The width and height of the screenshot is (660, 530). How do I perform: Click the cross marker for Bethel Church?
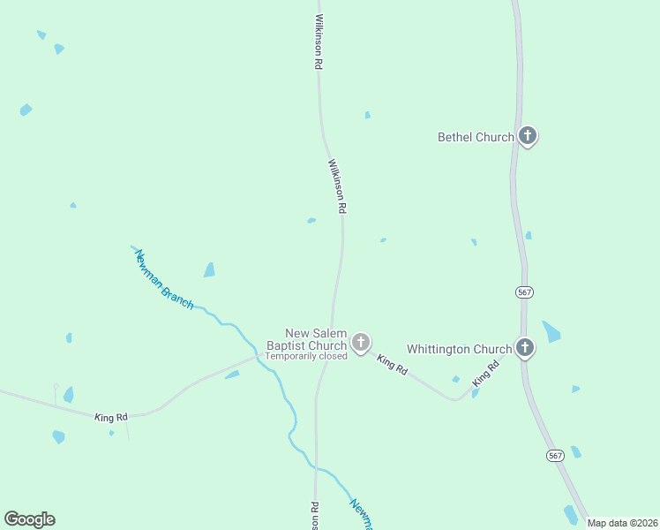pyautogui.click(x=528, y=136)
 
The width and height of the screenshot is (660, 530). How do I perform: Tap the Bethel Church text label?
pyautogui.click(x=476, y=137)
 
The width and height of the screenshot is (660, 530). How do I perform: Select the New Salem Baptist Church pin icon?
pyautogui.click(x=360, y=342)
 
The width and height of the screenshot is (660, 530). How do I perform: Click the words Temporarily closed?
pyautogui.click(x=306, y=356)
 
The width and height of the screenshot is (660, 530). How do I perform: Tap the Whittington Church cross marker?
pyautogui.click(x=524, y=347)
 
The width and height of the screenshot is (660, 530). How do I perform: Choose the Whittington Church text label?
pyautogui.click(x=459, y=349)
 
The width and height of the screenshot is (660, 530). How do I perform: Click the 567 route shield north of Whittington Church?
pyautogui.click(x=524, y=291)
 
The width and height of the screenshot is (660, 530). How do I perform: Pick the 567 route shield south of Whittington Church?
pyautogui.click(x=554, y=455)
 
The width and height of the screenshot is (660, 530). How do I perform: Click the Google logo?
pyautogui.click(x=29, y=519)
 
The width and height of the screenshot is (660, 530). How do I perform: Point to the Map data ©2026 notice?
pyautogui.click(x=623, y=523)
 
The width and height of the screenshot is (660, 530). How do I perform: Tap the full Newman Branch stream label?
pyautogui.click(x=163, y=278)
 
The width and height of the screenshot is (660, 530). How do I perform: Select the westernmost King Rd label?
pyautogui.click(x=111, y=416)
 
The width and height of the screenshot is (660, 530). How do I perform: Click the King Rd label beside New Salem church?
pyautogui.click(x=392, y=365)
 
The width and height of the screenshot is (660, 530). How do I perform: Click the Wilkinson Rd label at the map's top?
pyautogui.click(x=319, y=42)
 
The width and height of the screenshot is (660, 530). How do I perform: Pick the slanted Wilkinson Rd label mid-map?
pyautogui.click(x=337, y=185)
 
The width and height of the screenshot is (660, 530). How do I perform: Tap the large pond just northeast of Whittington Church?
pyautogui.click(x=551, y=332)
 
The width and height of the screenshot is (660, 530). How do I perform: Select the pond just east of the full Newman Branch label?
pyautogui.click(x=209, y=270)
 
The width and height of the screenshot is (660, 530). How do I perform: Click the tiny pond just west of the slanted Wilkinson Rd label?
pyautogui.click(x=311, y=221)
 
